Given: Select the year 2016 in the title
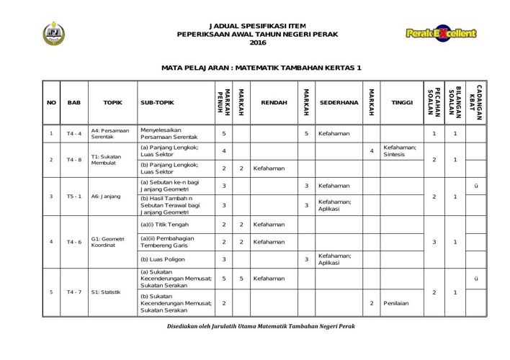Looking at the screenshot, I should point(257,44).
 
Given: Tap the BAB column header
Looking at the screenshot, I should point(73,103).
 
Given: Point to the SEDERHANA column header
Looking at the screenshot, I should point(339,103).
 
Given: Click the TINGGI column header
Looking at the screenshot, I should point(401,103).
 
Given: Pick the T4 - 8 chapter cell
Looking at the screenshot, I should point(73,159).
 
